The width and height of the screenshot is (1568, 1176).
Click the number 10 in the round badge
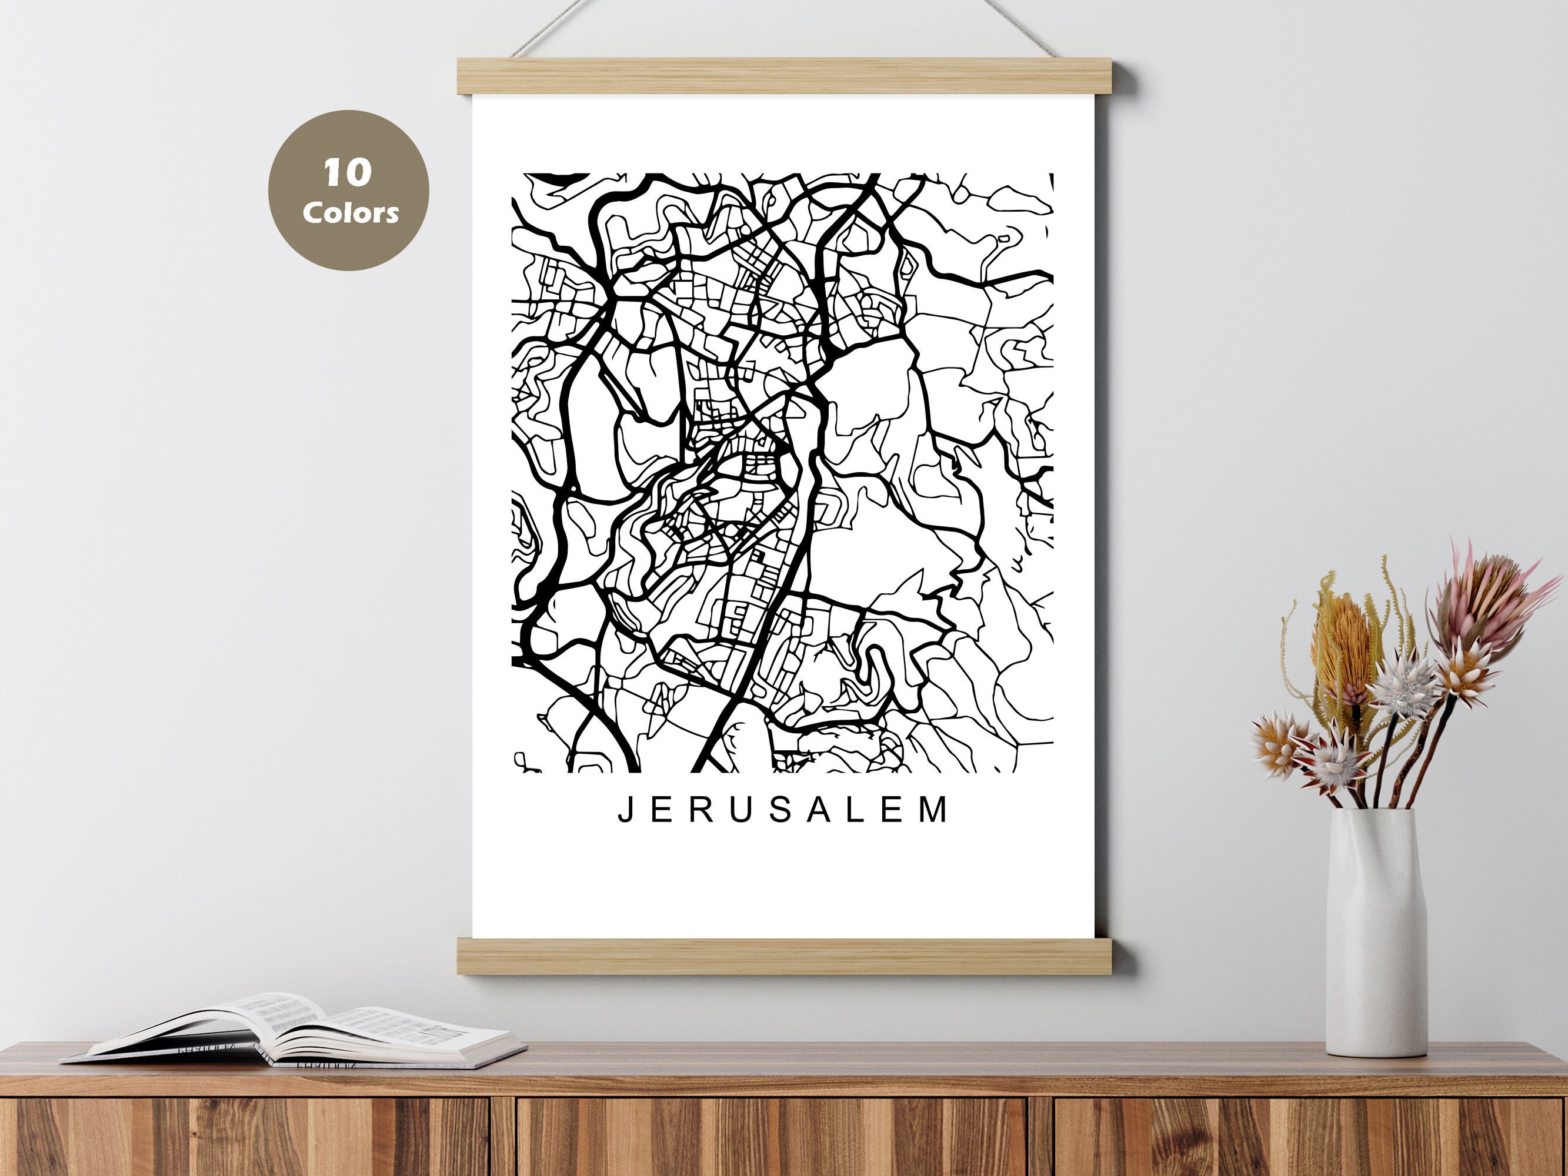pos(348,172)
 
